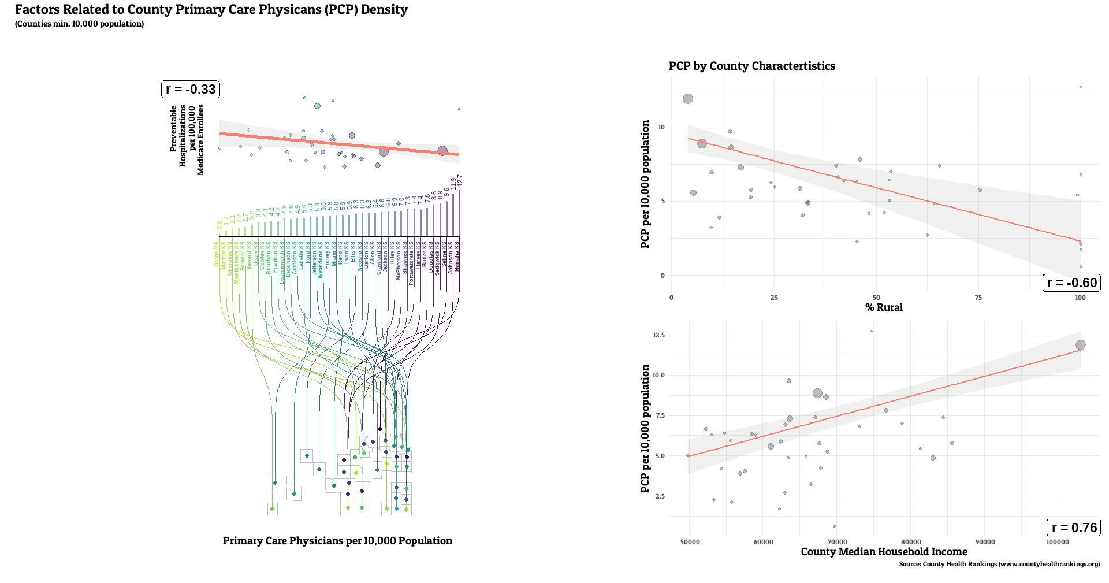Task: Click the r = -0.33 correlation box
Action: coord(191,89)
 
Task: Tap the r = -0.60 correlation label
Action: coord(1071,283)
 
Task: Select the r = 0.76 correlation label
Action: coord(1074,528)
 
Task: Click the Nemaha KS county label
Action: coord(457,257)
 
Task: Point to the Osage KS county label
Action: coord(217,254)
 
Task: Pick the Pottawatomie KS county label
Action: coord(411,263)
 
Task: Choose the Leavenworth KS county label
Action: coord(282,262)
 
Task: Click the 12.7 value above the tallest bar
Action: coord(460,180)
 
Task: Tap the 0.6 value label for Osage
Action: coord(219,225)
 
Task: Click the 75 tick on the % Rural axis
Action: coord(978,298)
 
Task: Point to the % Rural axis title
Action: coord(884,307)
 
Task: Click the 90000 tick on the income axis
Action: coord(985,542)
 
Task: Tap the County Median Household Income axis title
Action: coord(884,552)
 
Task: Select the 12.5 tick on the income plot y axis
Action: coord(658,335)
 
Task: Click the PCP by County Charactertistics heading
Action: coord(751,66)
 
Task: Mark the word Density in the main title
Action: coord(384,10)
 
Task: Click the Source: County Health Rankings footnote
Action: coord(999,564)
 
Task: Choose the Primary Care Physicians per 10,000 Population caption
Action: coord(337,541)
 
